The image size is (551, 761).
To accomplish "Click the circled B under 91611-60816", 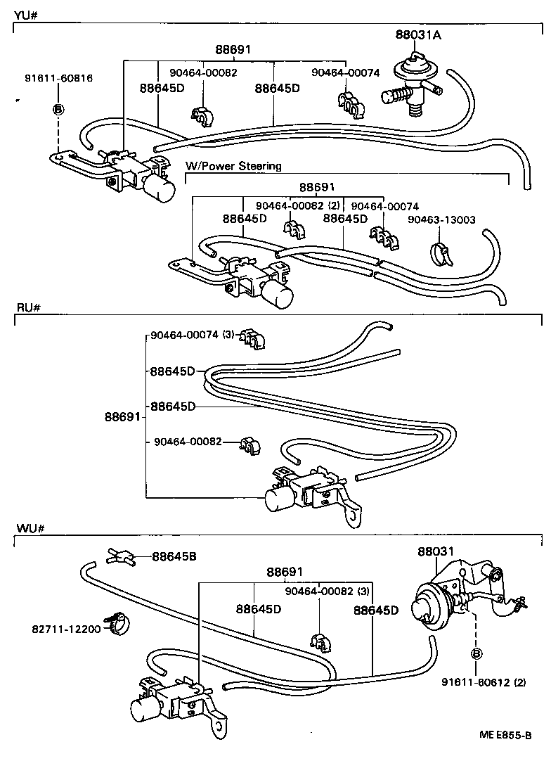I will click(58, 109).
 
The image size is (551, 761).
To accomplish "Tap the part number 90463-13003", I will click(441, 219).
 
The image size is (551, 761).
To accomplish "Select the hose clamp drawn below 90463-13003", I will click(441, 252).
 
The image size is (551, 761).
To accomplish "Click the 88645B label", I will click(174, 556).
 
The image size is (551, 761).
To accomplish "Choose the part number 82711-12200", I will click(66, 628).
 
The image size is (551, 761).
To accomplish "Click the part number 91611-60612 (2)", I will click(482, 682).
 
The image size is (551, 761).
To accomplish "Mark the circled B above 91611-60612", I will click(476, 653).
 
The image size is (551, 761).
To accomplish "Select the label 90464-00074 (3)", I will click(192, 335).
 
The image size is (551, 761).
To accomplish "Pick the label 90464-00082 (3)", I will click(328, 591).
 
